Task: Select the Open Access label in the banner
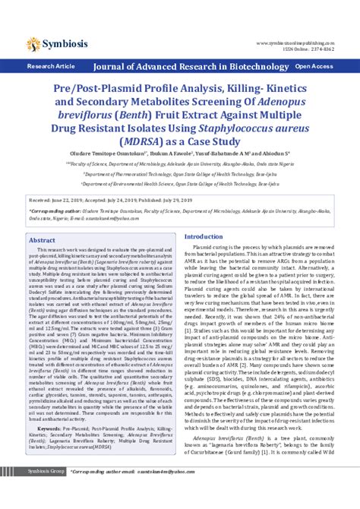click(314, 67)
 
